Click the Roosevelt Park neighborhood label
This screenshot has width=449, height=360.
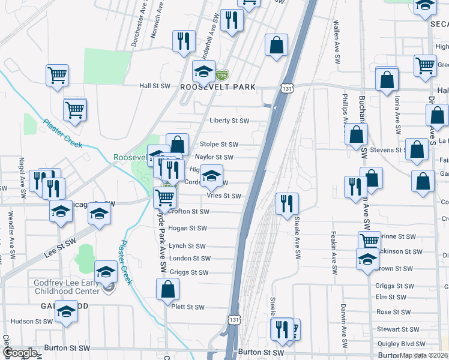218,87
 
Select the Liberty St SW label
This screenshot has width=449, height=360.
229,121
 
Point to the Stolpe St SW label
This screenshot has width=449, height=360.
219,145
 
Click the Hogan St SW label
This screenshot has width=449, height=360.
188,228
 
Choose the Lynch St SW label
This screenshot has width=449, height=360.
187,246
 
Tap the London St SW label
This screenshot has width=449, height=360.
190,259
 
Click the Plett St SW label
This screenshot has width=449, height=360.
188,307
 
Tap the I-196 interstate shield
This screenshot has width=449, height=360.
222,76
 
